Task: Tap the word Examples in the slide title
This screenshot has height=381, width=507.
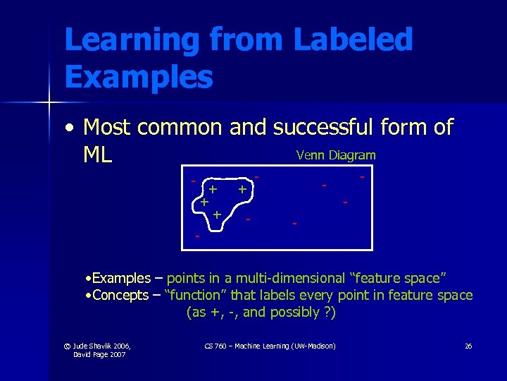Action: [139, 77]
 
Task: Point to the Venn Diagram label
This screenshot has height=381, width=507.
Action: [336, 155]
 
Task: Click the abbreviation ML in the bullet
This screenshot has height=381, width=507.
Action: [98, 155]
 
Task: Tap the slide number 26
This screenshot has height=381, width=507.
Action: [468, 346]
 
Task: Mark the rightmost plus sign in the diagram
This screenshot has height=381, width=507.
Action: [242, 189]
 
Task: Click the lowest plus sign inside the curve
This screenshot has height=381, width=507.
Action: [217, 214]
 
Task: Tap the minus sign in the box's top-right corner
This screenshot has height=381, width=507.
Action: [362, 176]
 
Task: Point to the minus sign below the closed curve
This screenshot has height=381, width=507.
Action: [198, 236]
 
